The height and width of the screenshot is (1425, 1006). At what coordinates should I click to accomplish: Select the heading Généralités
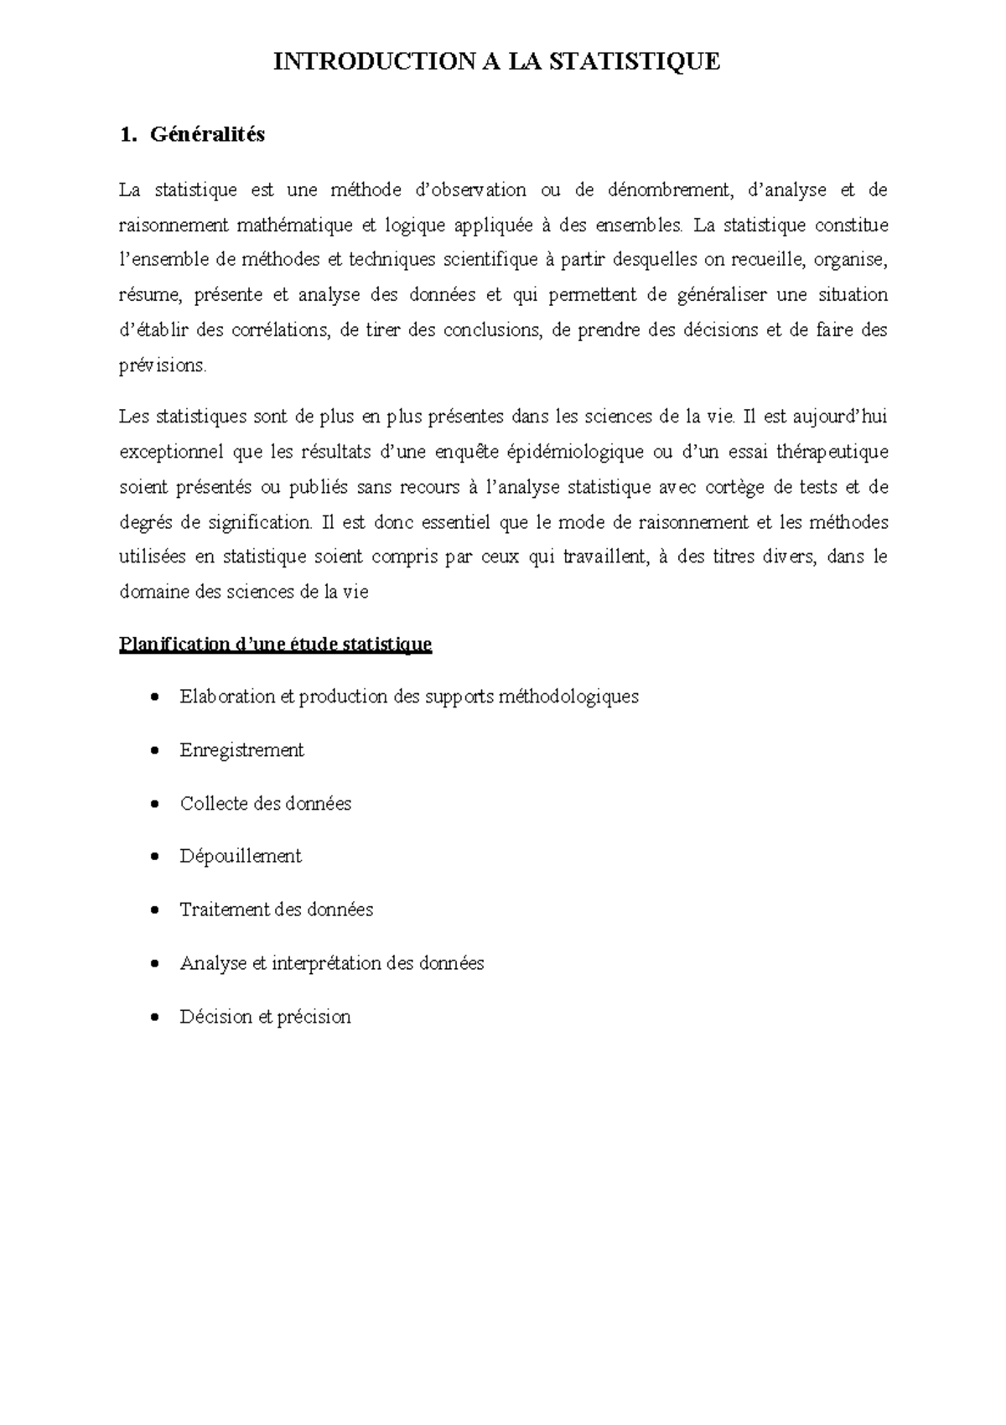(x=207, y=134)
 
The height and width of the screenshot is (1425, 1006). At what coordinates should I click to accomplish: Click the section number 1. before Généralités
(x=127, y=134)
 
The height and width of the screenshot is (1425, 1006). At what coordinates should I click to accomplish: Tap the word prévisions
(x=163, y=365)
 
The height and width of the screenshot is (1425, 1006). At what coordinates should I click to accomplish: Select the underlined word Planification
(x=174, y=645)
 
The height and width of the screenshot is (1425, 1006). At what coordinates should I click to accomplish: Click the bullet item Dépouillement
(x=241, y=857)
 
